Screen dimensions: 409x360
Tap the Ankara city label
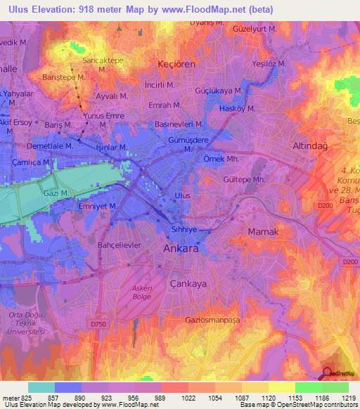click(x=181, y=249)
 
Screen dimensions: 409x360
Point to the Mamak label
click(x=264, y=231)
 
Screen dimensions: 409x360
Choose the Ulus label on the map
click(x=182, y=195)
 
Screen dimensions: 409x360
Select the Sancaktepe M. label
click(x=104, y=61)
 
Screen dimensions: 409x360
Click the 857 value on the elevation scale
click(x=68, y=397)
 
